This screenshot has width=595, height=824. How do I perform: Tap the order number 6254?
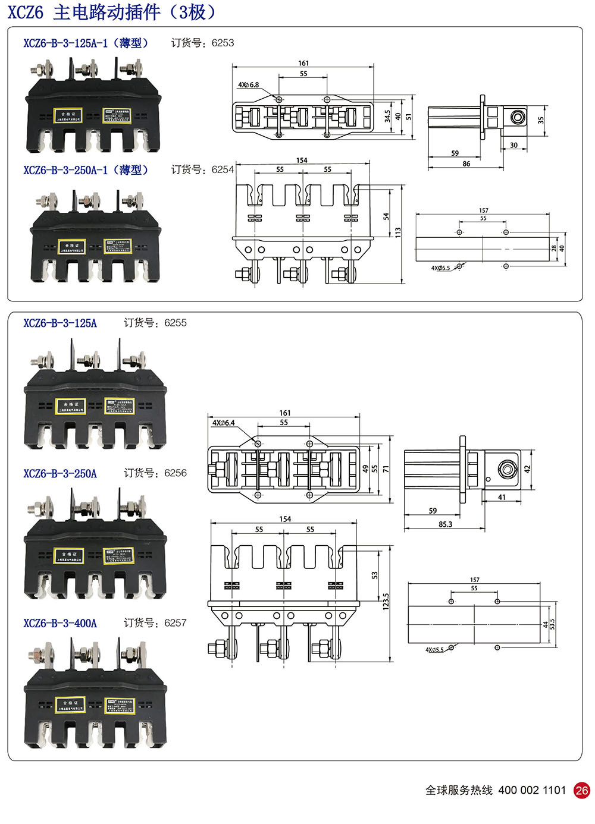coord(223,170)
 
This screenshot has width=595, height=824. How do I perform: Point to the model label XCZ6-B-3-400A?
coord(60,624)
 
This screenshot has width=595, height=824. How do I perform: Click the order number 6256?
coord(175,473)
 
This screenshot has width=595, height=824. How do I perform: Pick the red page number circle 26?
coord(581,790)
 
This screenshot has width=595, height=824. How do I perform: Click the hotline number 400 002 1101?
coord(532,790)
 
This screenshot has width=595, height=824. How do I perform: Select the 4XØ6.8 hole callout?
coord(249,85)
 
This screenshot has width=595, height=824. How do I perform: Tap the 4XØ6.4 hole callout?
coord(224,423)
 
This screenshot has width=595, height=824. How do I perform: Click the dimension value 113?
coord(398,232)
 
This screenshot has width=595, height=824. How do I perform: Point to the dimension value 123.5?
coord(386,601)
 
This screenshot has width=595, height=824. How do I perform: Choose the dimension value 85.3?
coord(445,524)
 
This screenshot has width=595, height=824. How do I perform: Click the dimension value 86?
coord(466,163)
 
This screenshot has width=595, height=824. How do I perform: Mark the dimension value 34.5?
coord(388,116)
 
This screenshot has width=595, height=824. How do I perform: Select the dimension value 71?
coord(386,469)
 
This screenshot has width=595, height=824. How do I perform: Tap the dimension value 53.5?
coord(553,624)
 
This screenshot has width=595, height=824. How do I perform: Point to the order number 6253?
coord(223,43)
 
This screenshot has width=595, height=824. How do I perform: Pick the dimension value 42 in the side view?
coord(527,469)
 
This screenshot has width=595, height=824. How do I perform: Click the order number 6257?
coord(175,623)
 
